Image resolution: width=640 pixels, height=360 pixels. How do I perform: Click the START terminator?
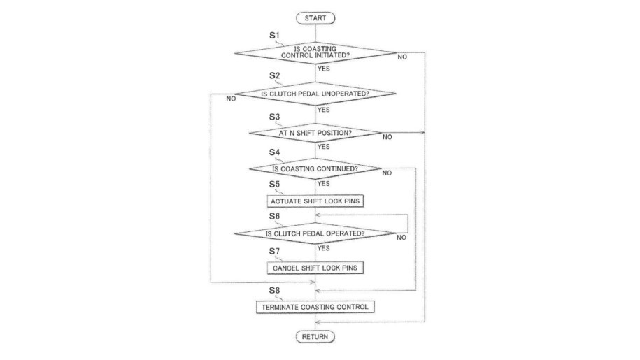click(x=315, y=18)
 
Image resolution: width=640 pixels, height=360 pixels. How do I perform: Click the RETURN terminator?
click(x=315, y=337)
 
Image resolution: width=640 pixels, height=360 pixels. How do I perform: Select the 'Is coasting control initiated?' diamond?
click(x=315, y=52)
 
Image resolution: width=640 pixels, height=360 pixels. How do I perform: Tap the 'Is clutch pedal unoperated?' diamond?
click(x=315, y=93)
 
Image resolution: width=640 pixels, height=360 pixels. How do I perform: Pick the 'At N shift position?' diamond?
click(x=315, y=132)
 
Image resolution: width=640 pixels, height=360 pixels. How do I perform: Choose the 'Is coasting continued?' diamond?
click(x=315, y=168)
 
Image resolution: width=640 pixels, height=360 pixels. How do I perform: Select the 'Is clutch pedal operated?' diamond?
click(x=315, y=233)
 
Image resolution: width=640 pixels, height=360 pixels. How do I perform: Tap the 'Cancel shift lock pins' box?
click(x=315, y=267)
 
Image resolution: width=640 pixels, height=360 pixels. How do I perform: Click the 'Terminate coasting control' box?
click(x=315, y=307)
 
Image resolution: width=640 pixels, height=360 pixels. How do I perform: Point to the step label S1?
click(x=274, y=34)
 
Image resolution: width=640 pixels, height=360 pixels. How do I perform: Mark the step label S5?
click(x=274, y=184)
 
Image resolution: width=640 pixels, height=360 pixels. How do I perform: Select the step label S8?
click(x=274, y=289)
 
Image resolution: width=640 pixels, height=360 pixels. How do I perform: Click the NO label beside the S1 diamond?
click(x=402, y=57)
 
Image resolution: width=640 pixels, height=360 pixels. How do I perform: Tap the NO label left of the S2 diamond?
click(x=231, y=99)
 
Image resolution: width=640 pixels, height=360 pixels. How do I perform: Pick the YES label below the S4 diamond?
click(x=324, y=183)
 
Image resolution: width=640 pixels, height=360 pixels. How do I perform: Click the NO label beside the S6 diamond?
click(x=401, y=238)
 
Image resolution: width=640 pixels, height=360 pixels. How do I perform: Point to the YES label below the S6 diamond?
click(x=324, y=248)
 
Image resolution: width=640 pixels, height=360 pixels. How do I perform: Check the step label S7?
click(x=274, y=250)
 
